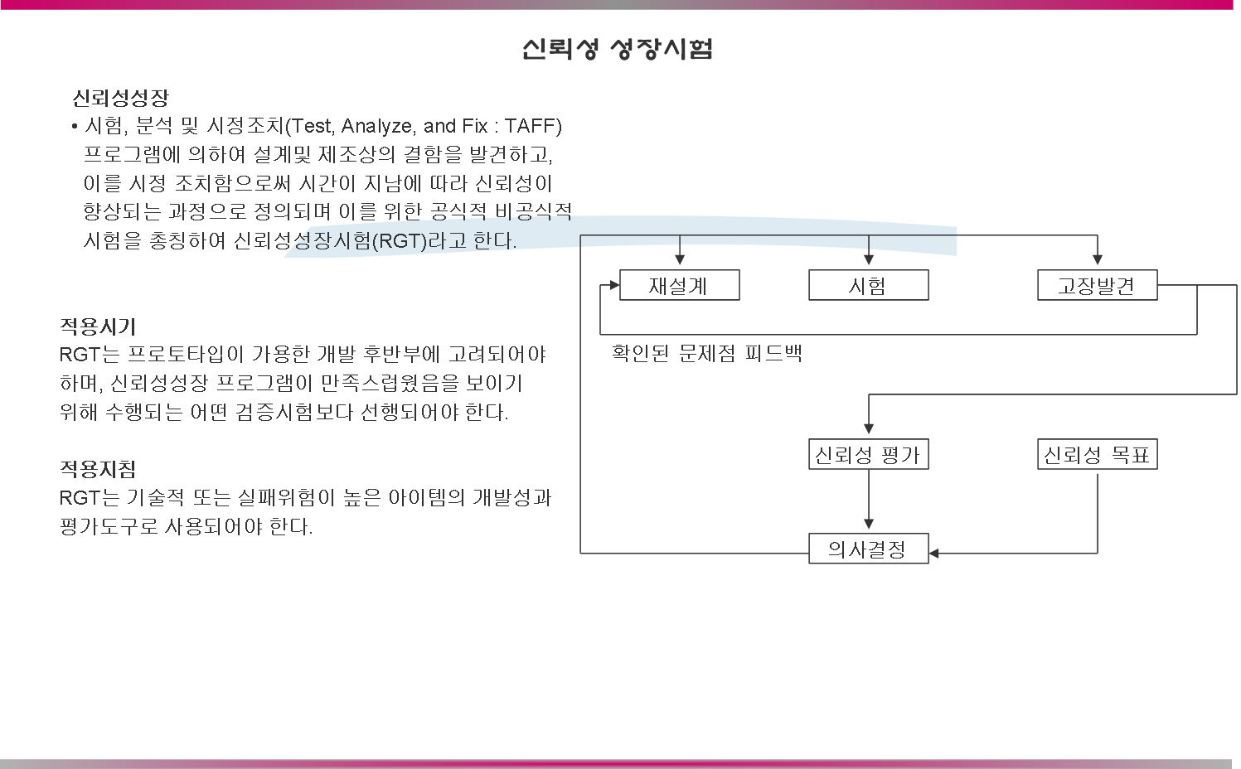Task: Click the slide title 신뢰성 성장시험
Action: coord(618,49)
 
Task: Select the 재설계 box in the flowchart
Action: coord(679,286)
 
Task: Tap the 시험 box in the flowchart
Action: coord(868,286)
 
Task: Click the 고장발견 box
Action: coord(1097,286)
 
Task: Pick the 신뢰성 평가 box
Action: coord(868,455)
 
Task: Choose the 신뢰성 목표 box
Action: coord(1097,455)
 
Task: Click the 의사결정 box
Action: coord(868,549)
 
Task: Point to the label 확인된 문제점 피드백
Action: coord(706,354)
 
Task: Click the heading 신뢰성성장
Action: coord(120,99)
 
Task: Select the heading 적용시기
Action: coord(97,326)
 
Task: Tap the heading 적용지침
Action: coord(97,469)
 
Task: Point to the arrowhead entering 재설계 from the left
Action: coord(613,286)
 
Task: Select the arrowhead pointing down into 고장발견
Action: coord(1097,260)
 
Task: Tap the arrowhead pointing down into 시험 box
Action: coord(868,260)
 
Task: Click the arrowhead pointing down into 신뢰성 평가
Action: coord(868,428)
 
